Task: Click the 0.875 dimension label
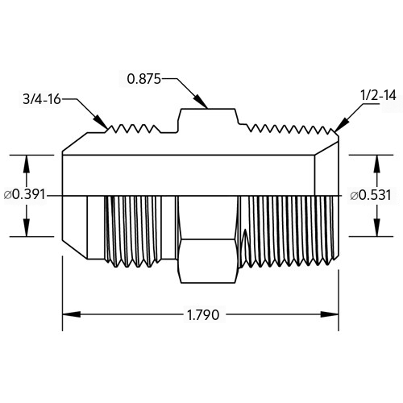pos(143,79)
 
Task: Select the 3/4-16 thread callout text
pos(42,99)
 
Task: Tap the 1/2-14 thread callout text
pos(378,95)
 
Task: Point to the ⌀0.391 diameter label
pos(25,194)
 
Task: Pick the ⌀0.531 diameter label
pos(371,195)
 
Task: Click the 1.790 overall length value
pos(203,315)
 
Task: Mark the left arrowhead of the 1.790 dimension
pos(72,314)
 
